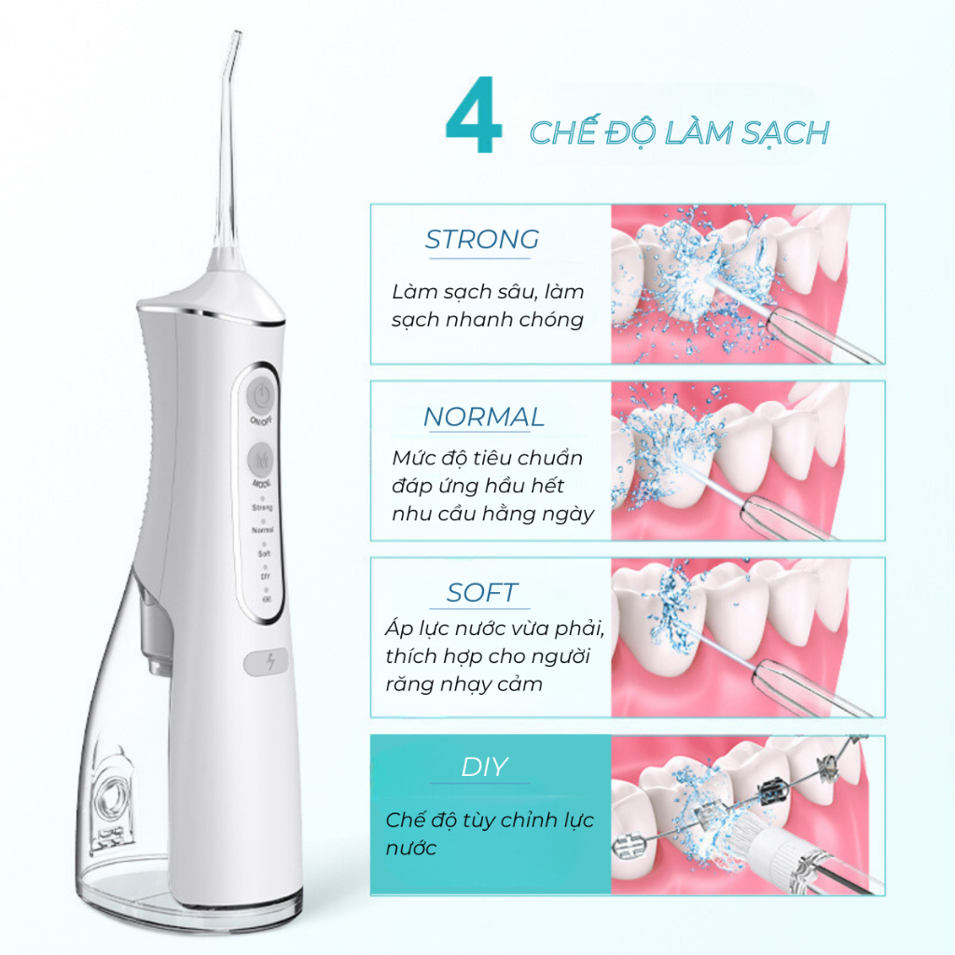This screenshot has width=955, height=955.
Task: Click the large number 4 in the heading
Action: tap(474, 115)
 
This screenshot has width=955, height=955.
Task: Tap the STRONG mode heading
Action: tap(482, 240)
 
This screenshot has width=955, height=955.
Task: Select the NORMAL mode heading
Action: tap(484, 417)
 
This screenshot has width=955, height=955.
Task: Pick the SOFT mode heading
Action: tap(482, 592)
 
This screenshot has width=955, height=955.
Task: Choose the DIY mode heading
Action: tap(484, 768)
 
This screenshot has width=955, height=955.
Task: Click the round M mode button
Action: tap(261, 459)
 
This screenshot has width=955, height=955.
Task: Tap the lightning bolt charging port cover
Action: tap(266, 663)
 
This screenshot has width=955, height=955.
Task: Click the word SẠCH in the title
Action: tap(784, 133)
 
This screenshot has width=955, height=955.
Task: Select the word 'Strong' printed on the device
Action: tap(262, 507)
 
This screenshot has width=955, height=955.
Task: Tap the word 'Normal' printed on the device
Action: tap(262, 531)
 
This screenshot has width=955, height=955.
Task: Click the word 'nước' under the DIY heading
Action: tap(411, 849)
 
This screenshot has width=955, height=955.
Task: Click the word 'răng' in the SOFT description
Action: tap(407, 685)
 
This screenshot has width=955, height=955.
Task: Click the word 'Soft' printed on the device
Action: tap(264, 554)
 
